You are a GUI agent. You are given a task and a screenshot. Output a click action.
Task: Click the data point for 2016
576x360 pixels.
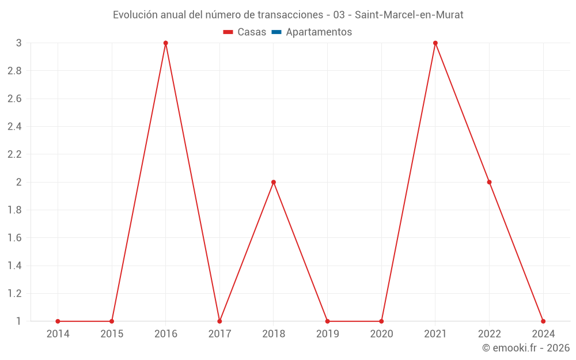(165, 43)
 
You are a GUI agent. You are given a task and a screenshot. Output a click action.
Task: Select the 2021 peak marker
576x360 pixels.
(435, 43)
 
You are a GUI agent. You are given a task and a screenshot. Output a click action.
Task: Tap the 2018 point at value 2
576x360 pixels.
(274, 182)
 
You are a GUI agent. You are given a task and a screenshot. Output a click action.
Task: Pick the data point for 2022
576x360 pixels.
(489, 182)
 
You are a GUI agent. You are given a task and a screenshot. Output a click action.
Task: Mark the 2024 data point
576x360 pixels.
(543, 321)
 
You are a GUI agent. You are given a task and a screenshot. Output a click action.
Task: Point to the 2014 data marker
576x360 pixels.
(58, 321)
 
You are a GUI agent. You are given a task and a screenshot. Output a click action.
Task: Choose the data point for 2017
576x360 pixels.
(219, 321)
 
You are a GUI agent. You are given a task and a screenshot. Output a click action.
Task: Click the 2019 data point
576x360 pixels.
(327, 321)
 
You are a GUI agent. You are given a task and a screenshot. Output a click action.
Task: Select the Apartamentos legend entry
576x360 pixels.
(319, 32)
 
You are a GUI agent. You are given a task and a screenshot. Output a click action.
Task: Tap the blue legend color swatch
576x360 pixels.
(276, 32)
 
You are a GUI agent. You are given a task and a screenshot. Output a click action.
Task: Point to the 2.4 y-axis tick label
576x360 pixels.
(15, 126)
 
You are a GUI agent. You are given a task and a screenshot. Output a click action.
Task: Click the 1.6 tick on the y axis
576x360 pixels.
(15, 237)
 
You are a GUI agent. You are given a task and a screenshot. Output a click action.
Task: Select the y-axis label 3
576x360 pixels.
(19, 43)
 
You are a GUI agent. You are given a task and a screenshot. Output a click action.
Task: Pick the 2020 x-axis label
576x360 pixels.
(381, 334)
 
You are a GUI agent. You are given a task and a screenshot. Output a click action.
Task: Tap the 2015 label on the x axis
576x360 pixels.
(112, 334)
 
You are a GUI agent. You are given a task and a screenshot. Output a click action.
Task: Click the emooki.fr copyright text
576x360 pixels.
(526, 348)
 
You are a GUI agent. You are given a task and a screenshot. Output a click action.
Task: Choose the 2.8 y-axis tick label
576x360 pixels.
(15, 71)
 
